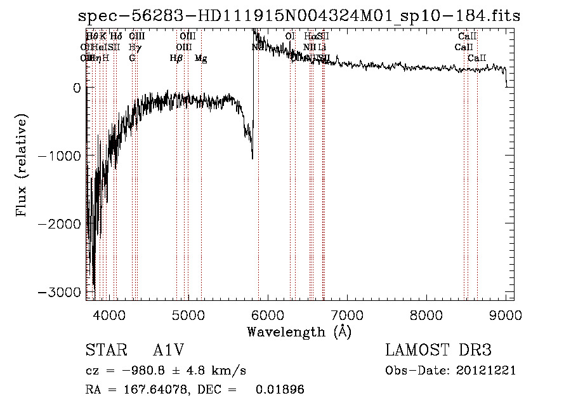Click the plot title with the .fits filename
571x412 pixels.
[298, 16]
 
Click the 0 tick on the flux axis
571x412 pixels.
[77, 88]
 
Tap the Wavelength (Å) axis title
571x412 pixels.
[299, 331]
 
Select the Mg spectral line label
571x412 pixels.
[200, 58]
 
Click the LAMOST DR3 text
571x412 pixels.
[438, 350]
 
